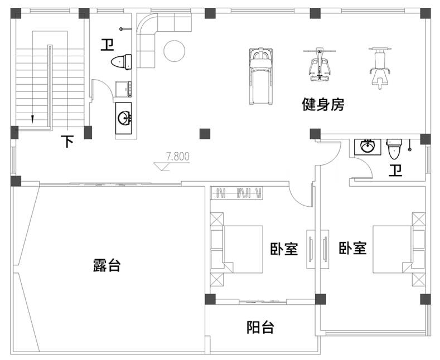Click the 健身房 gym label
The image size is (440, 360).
tap(323, 104)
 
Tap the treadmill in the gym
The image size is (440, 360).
tap(261, 76)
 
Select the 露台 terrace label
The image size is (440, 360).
tap(107, 265)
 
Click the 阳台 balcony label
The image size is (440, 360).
tap(260, 327)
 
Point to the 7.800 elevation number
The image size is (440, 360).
tap(178, 157)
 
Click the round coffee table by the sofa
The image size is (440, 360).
tap(174, 51)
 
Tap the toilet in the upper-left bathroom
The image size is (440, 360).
tap(121, 62)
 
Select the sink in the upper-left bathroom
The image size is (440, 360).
tap(124, 118)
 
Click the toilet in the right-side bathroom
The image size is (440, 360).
tap(394, 149)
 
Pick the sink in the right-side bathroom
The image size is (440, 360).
tap(368, 147)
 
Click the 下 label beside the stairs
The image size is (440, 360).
tap(67, 141)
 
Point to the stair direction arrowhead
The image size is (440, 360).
tap(32, 119)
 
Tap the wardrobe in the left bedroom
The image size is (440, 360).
tap(237, 193)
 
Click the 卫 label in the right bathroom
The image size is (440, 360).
tap(395, 170)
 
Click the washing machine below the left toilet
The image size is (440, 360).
tap(123, 89)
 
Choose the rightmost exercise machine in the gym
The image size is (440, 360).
tap(380, 68)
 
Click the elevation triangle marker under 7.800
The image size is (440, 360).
tap(162, 167)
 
